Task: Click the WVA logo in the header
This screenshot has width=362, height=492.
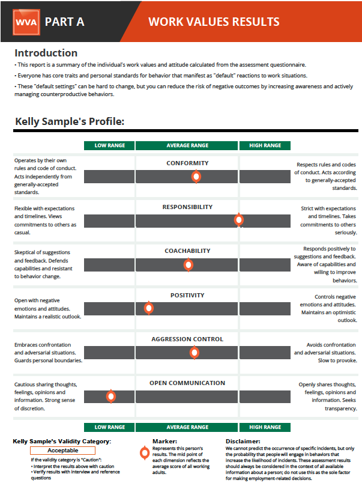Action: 25,22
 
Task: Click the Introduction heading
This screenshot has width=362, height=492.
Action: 46,53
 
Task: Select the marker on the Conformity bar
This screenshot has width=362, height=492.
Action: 196,176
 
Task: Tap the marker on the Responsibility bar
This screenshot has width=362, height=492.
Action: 239,220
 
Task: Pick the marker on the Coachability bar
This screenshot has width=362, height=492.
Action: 189,264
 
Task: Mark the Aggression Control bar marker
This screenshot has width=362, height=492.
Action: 195,353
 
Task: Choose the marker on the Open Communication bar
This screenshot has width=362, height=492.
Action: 110,396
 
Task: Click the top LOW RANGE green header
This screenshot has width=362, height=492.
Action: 109,145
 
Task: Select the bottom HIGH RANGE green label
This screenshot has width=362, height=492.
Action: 264,427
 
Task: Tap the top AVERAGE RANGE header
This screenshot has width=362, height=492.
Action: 187,145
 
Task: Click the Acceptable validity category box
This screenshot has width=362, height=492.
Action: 62,451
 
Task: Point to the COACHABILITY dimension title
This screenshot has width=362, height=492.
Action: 187,251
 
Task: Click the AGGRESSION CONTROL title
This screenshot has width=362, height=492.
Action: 187,339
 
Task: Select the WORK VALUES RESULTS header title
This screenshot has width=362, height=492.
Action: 214,22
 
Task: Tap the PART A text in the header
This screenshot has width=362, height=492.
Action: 64,22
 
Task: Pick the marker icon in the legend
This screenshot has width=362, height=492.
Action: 144,454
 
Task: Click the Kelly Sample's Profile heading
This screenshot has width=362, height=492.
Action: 69,122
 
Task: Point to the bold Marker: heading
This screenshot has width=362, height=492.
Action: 164,442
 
